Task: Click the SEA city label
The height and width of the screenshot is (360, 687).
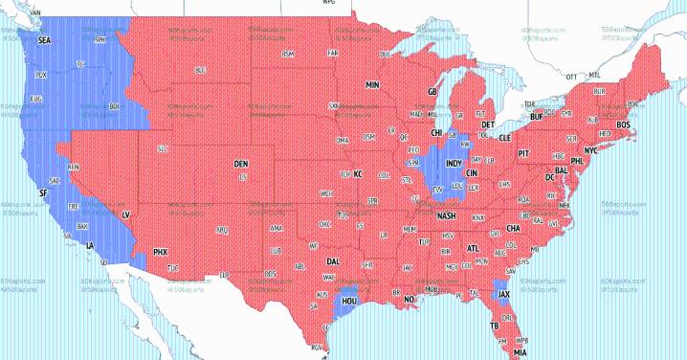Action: [44, 42]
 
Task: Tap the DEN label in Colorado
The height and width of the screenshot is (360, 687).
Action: [241, 164]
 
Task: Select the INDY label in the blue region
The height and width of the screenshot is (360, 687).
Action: [454, 164]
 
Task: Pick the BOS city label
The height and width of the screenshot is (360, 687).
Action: [623, 124]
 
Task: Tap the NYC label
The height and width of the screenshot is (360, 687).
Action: [590, 150]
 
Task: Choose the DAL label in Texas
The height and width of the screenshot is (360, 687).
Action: [333, 260]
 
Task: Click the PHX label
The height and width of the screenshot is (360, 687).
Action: [161, 251]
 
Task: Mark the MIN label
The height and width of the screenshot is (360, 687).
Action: [372, 85]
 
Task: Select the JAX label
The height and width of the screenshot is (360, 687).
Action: [503, 294]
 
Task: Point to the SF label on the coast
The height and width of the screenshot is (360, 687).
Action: [42, 193]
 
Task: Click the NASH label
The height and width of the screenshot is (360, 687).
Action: [446, 215]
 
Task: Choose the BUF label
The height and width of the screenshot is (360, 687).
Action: [537, 117]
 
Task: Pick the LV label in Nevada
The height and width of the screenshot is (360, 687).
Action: [125, 216]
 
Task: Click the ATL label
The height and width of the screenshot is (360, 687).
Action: [473, 248]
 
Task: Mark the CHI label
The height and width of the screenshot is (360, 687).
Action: [436, 133]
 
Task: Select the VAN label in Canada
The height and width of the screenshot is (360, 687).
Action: [36, 13]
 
